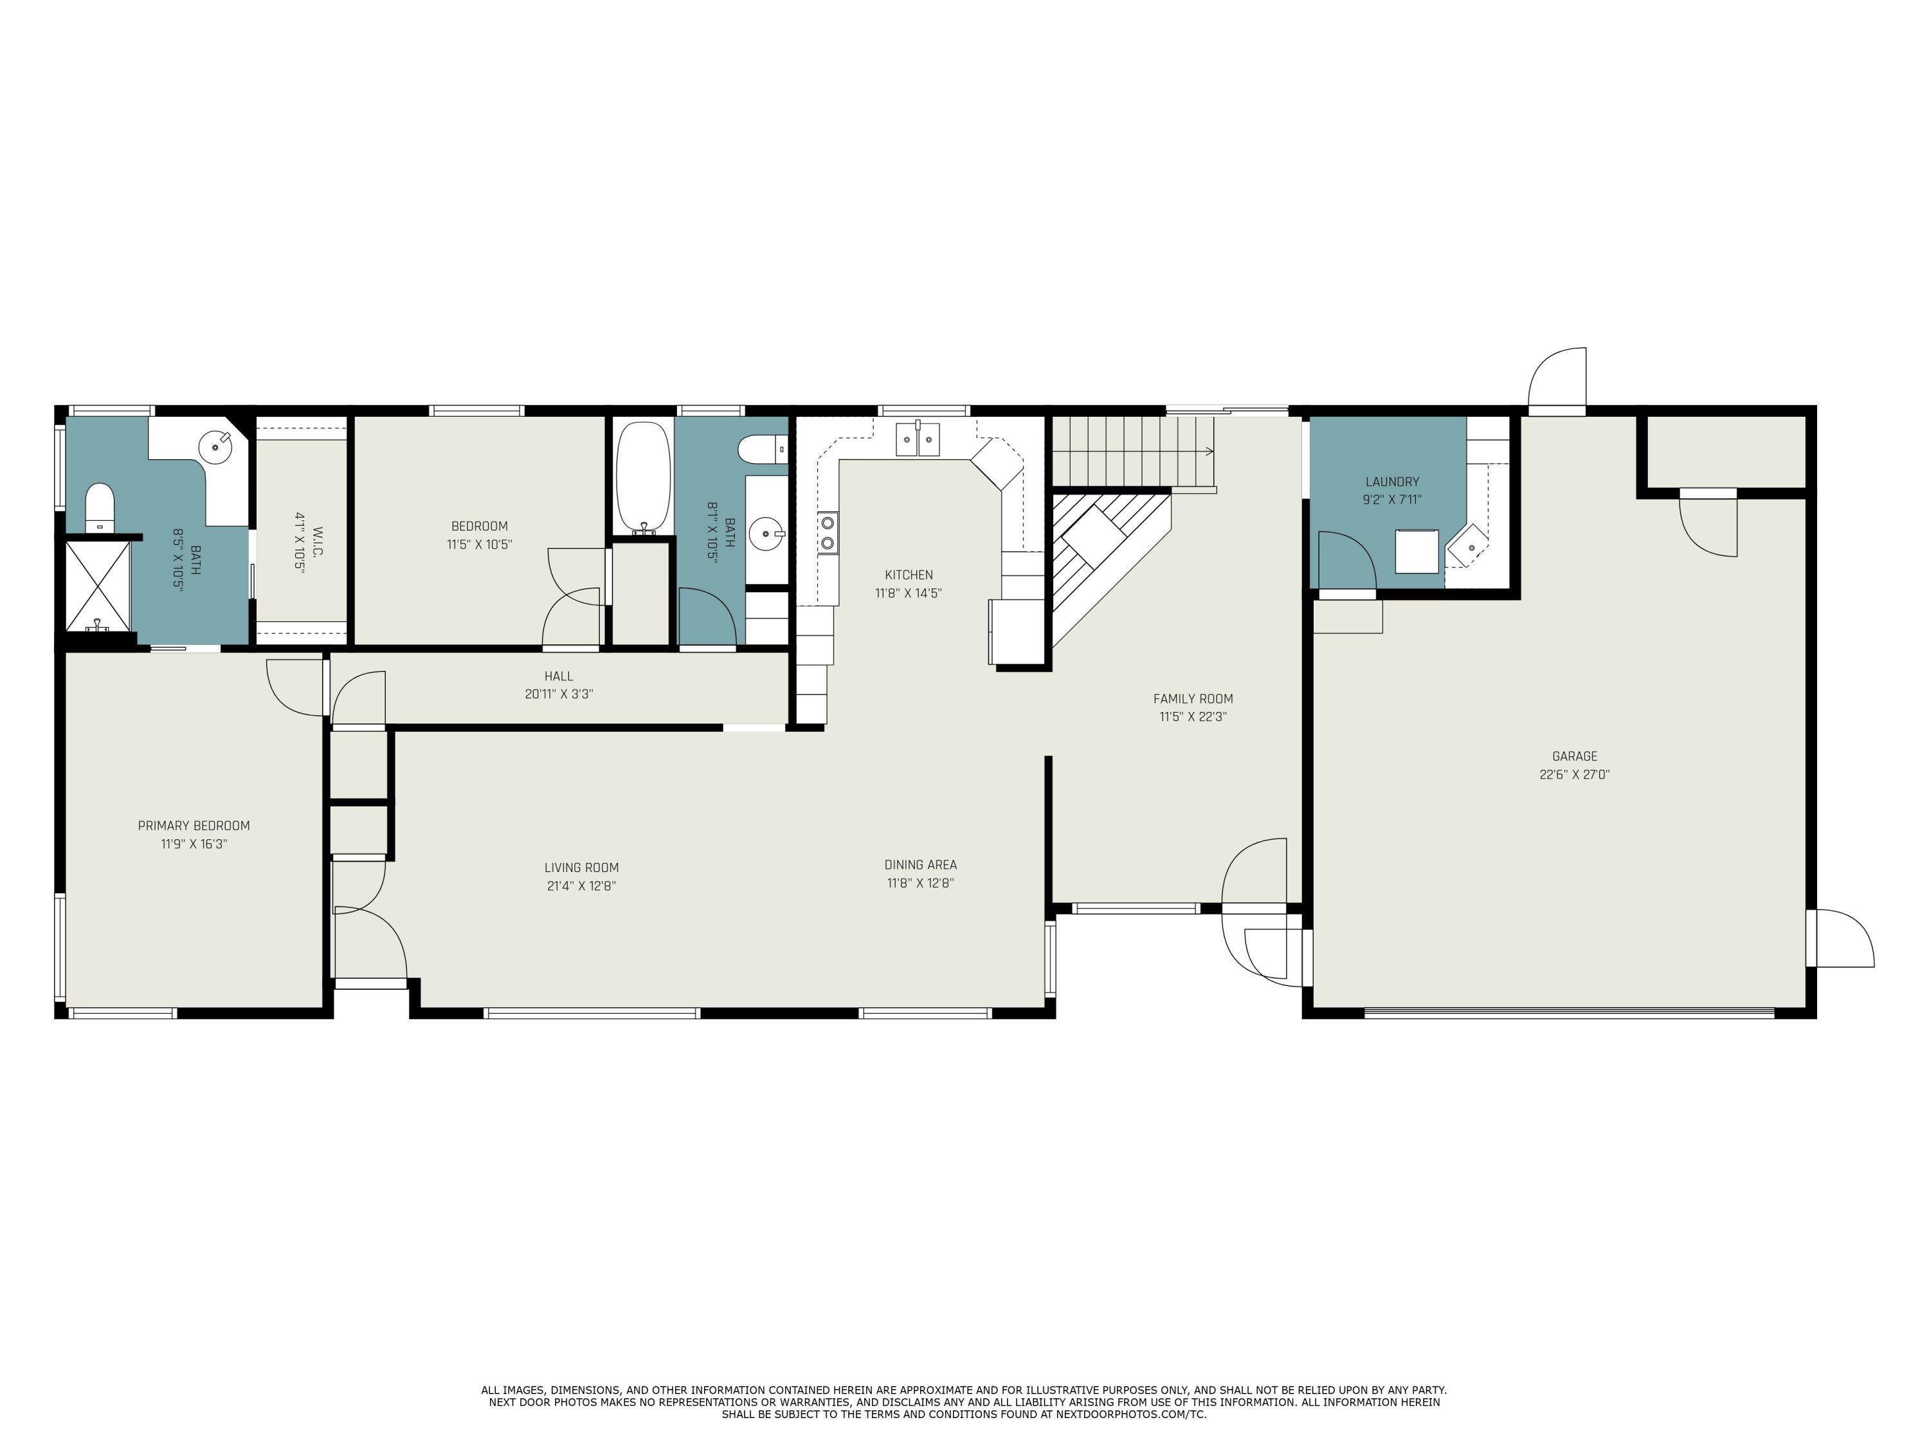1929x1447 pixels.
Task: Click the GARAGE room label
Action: tap(1574, 756)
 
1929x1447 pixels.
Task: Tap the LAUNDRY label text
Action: tap(1392, 482)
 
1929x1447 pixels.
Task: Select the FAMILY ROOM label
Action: tap(1193, 698)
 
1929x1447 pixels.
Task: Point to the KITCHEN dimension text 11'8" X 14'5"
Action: tap(909, 593)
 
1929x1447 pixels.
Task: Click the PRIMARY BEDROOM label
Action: tap(194, 826)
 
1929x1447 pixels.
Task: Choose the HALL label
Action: tap(559, 676)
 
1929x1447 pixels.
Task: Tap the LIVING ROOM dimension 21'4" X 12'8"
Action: tap(582, 886)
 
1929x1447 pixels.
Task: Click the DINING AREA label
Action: tap(921, 864)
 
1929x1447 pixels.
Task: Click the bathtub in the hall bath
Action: tap(644, 477)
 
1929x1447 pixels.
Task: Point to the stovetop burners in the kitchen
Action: tap(828, 534)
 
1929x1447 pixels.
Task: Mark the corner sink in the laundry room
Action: tap(1469, 546)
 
